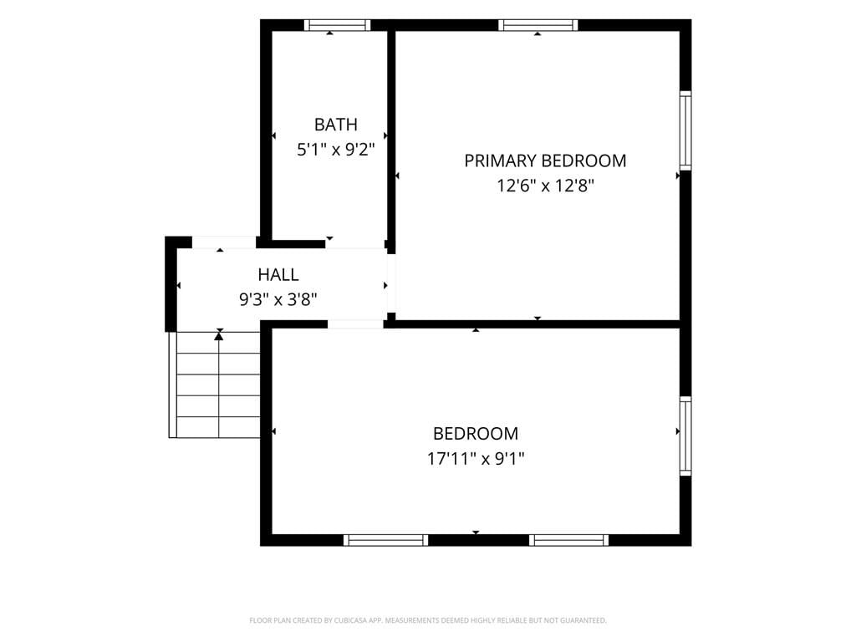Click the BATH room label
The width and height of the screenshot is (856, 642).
[336, 125]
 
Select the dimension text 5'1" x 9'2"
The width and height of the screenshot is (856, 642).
[336, 149]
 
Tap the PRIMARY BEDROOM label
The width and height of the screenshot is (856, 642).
[545, 161]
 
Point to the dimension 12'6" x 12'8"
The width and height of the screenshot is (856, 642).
[545, 186]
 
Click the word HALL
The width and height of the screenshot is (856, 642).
[278, 274]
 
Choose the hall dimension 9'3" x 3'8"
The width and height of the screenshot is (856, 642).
[278, 299]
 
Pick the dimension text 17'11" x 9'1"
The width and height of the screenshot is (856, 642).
[476, 459]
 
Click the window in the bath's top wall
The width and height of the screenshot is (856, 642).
[338, 25]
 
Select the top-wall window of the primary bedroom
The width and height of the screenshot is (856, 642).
[538, 25]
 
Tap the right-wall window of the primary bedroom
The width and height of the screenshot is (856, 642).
[685, 131]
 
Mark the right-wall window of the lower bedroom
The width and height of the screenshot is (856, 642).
[685, 436]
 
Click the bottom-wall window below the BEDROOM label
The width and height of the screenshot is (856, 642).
[386, 540]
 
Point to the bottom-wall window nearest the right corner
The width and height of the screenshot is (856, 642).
[568, 540]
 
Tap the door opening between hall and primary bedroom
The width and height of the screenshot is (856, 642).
[391, 283]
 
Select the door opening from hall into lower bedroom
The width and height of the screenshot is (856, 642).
[356, 324]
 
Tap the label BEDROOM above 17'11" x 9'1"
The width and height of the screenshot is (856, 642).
[476, 434]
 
